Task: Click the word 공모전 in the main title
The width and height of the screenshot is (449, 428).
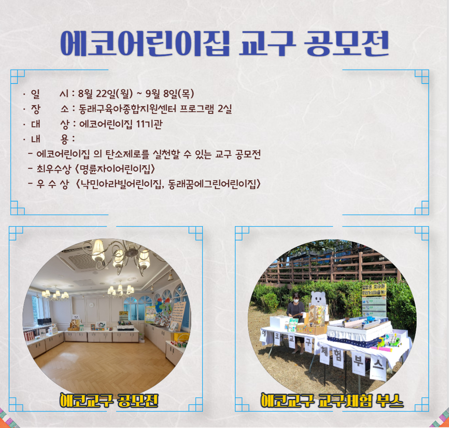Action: coord(347,43)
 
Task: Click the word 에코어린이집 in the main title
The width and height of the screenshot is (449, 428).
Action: coord(145,43)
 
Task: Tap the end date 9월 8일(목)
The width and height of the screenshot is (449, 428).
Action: coord(170,93)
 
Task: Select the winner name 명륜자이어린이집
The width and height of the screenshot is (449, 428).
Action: coord(115,169)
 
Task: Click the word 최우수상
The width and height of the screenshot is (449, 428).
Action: coord(54,169)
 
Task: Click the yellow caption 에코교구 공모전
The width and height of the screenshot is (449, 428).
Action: coord(109,400)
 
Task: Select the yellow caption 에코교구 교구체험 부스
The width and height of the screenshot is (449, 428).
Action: coord(332,400)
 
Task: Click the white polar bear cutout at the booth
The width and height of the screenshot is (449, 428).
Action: coord(318,298)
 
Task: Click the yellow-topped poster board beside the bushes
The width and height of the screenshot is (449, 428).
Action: coord(374,300)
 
